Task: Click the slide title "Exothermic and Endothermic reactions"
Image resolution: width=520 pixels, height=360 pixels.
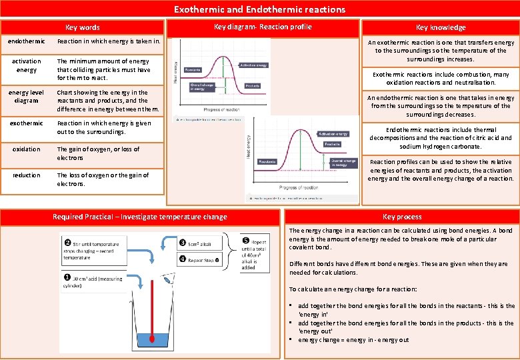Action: pos(259,9)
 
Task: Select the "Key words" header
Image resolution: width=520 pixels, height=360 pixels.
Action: pos(82,27)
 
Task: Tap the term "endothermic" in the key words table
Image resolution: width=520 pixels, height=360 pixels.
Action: pos(26,41)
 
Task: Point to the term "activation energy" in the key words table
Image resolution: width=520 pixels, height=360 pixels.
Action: pos(26,65)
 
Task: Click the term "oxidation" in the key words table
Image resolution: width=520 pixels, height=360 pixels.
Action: pos(26,149)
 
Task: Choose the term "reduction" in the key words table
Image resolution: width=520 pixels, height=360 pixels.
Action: pos(26,175)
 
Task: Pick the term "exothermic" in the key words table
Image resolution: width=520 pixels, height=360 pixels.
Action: pos(26,123)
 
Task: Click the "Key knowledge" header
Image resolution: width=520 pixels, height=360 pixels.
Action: pos(440,27)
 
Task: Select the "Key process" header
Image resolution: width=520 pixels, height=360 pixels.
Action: pos(402,217)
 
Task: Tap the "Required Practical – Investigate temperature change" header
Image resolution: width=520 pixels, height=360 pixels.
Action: pos(140,217)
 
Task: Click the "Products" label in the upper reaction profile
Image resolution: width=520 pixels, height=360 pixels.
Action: pos(253,86)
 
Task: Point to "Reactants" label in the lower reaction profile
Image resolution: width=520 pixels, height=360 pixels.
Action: pos(267,161)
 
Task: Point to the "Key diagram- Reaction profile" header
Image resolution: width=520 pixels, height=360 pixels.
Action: pos(263,27)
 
